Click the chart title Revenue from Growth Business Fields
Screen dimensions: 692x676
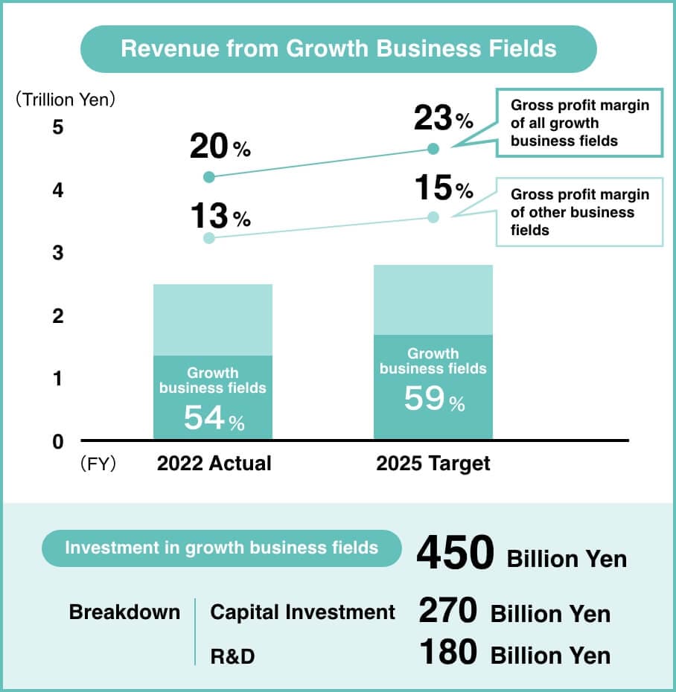338,49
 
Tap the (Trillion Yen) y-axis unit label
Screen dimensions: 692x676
66,100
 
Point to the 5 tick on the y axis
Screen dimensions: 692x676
58,127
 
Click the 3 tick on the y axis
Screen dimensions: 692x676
58,253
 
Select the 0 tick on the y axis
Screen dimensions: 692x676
58,442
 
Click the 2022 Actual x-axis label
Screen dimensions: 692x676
214,464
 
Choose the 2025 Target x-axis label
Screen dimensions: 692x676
433,464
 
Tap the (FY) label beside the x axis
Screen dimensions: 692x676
98,464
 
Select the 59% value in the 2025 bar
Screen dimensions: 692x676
434,400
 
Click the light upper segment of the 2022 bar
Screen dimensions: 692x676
213,319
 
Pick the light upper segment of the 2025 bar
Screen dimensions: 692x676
433,299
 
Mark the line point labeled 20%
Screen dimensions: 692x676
209,177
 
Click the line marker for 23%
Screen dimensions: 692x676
434,149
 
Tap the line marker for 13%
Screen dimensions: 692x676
209,238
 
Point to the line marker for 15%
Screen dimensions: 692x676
434,217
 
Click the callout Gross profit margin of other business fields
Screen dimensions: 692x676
579,212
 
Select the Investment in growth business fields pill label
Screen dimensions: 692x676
222,548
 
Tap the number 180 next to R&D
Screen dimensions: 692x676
447,653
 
